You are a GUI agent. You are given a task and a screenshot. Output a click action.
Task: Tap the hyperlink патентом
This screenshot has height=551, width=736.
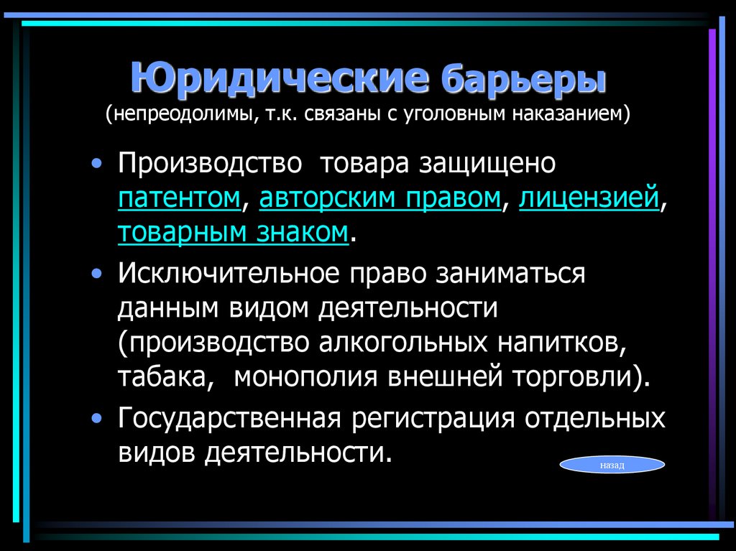tap(179, 198)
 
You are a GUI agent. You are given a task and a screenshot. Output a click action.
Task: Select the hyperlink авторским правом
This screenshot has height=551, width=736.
tap(380, 198)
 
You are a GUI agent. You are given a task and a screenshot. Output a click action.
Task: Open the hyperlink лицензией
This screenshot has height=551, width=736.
tap(589, 198)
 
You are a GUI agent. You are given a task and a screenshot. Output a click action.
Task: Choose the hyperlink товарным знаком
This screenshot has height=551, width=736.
tap(234, 232)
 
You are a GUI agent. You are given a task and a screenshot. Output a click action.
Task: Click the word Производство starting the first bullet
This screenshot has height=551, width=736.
tap(209, 164)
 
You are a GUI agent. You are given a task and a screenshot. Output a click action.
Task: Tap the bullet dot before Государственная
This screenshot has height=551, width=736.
tap(97, 418)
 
